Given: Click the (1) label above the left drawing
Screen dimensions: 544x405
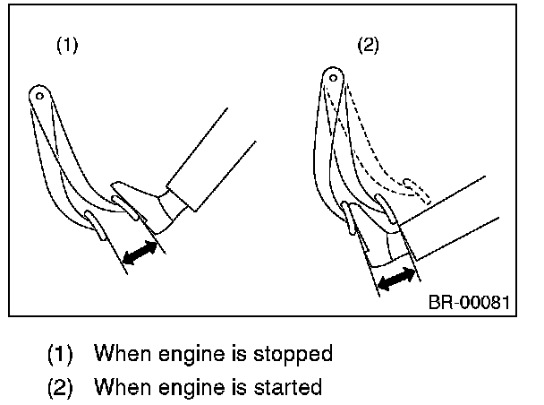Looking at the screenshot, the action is tap(67, 45).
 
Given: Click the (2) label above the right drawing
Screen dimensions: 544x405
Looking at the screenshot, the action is tap(368, 45).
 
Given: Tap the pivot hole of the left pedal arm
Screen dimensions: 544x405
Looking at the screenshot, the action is tap(39, 96).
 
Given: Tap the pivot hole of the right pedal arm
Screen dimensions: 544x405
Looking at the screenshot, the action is tap(333, 78).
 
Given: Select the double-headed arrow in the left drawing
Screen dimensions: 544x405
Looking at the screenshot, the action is tap(140, 253).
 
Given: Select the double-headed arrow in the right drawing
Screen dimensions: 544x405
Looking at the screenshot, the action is tap(396, 279).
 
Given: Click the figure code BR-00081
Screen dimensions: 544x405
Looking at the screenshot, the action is tap(469, 302).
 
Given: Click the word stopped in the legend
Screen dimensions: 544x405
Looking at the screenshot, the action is tap(293, 355).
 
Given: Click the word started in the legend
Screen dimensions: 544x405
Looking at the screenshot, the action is tap(287, 387).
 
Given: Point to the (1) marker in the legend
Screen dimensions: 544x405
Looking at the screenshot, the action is tap(60, 354).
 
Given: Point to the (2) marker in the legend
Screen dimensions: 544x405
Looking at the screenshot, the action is tap(60, 387).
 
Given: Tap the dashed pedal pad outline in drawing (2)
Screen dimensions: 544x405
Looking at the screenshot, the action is tap(417, 191).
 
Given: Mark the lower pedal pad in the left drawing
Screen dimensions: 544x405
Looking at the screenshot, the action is tap(96, 225).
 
